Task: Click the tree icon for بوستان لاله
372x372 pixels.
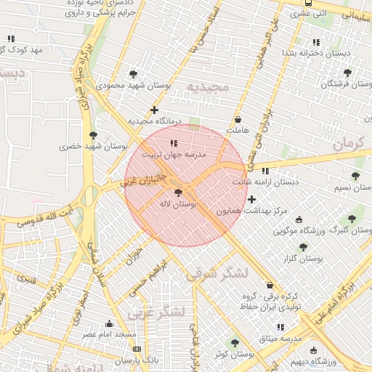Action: tap(179, 193)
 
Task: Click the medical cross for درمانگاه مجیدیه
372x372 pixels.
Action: tap(154, 110)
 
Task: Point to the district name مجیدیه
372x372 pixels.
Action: tap(208, 87)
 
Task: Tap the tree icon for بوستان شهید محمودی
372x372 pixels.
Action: tap(133, 74)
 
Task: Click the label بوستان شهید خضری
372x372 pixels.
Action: tap(93, 146)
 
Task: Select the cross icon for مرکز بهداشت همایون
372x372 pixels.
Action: tap(251, 199)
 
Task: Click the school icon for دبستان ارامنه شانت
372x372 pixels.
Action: tap(264, 171)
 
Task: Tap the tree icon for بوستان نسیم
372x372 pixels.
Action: tap(355, 176)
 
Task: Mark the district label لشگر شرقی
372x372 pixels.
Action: tap(217, 273)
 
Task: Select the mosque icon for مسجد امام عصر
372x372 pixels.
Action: tap(110, 323)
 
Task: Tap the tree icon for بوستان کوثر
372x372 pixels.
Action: tap(234, 342)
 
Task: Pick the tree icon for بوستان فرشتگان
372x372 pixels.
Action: tap(347, 73)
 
